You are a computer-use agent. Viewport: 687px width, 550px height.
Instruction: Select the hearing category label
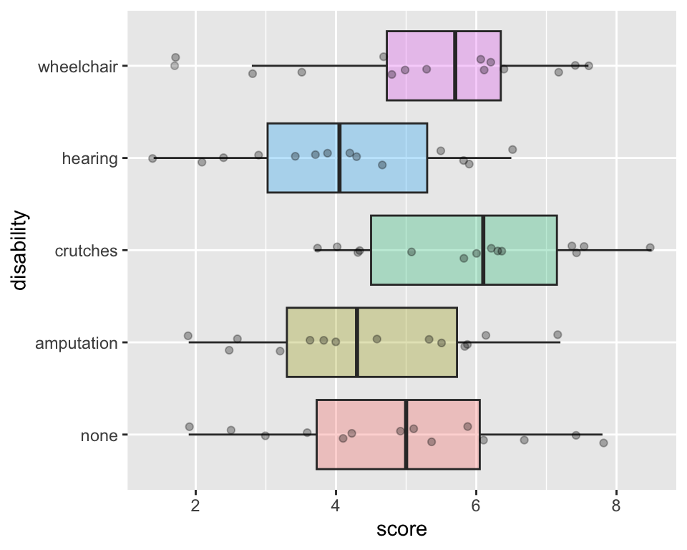pyautogui.click(x=90, y=158)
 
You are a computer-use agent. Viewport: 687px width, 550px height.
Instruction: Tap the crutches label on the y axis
pyautogui.click(x=87, y=251)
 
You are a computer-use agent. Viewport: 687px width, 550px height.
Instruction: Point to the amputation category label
pyautogui.click(x=77, y=343)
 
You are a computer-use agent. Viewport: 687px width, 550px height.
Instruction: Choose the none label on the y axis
pyautogui.click(x=100, y=435)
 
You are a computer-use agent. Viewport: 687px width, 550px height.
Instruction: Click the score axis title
pyautogui.click(x=401, y=530)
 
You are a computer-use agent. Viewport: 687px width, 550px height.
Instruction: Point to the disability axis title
pyautogui.click(x=19, y=250)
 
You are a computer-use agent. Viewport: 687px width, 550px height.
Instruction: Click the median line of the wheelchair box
pyautogui.click(x=455, y=66)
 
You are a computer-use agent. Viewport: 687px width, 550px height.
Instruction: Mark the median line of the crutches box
pyautogui.click(x=484, y=250)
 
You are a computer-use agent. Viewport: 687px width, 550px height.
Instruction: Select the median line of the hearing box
pyautogui.click(x=339, y=158)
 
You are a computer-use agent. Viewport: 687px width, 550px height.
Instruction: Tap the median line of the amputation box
pyautogui.click(x=357, y=342)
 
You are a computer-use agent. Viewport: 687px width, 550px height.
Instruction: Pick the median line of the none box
pyautogui.click(x=406, y=435)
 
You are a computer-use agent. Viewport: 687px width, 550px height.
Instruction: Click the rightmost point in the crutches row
pyautogui.click(x=650, y=247)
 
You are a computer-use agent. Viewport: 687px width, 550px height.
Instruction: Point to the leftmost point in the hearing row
pyautogui.click(x=152, y=158)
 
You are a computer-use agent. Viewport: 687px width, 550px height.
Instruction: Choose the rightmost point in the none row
pyautogui.click(x=603, y=443)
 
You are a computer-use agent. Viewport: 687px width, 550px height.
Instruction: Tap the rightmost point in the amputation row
pyautogui.click(x=557, y=334)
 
